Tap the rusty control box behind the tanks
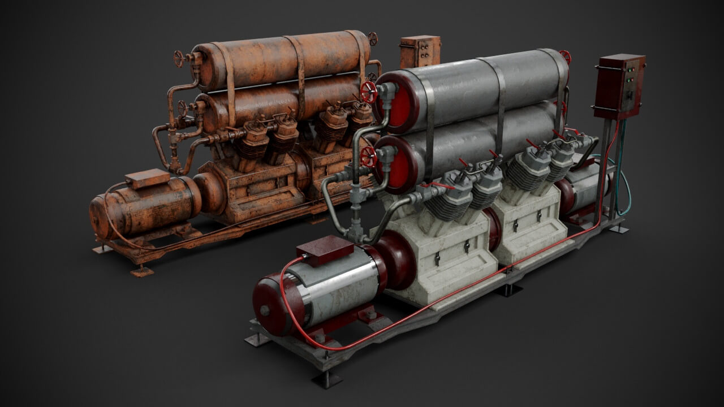tap(420, 51)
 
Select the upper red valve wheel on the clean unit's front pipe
tap(369, 92)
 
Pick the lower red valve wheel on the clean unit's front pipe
tap(368, 157)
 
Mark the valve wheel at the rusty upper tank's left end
tap(179, 58)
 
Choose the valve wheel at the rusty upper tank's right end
tap(373, 39)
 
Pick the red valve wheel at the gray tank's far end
tap(565, 57)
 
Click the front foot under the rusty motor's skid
tap(141, 271)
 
